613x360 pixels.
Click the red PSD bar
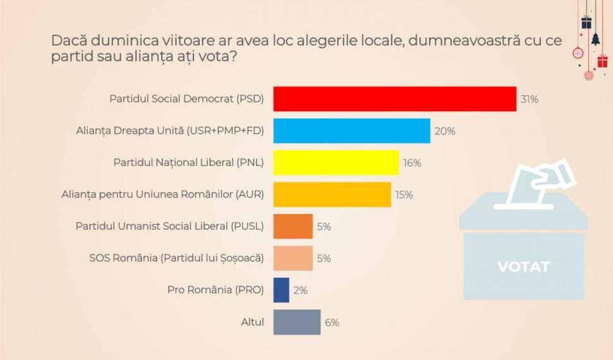click(x=394, y=99)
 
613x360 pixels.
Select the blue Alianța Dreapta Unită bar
click(x=351, y=131)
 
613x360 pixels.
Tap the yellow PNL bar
click(x=336, y=162)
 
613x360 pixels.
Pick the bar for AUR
click(x=332, y=195)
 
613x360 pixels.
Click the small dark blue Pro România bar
click(x=281, y=290)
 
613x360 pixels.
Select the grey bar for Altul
click(x=296, y=321)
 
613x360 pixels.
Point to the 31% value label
click(x=529, y=99)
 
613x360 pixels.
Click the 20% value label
click(x=444, y=131)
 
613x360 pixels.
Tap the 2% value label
click(x=300, y=290)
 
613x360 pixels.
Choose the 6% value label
click(x=332, y=322)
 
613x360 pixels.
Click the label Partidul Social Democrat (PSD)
click(x=186, y=99)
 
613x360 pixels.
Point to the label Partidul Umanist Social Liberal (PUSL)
click(x=169, y=226)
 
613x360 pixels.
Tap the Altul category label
click(x=252, y=322)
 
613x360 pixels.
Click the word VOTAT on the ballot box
click(x=523, y=267)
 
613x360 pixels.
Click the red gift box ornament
click(x=602, y=61)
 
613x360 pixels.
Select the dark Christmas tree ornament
click(x=595, y=40)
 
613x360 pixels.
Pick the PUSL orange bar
click(x=293, y=226)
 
